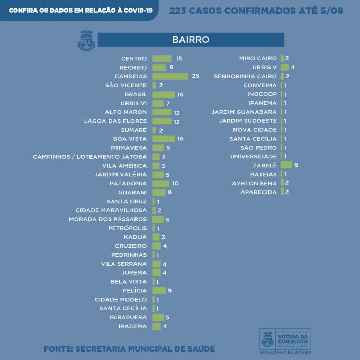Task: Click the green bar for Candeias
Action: point(170,76)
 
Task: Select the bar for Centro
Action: point(162,59)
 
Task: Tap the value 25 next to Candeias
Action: point(195,76)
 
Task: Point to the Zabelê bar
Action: point(286,165)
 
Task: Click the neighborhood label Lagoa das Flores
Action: point(115,121)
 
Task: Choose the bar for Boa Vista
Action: point(164,139)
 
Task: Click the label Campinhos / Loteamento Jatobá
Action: point(90,157)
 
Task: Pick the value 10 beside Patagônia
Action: point(175,183)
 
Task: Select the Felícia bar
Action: point(159,291)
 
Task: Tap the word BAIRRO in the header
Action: point(191,40)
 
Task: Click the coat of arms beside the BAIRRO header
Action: point(86,40)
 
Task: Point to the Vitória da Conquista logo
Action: point(285,339)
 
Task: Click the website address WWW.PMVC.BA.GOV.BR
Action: point(285,353)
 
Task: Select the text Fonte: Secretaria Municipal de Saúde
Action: point(130,349)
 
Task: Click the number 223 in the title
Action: point(177,11)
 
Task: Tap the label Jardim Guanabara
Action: point(244,112)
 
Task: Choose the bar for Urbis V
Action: point(284,67)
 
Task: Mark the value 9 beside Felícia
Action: point(169,291)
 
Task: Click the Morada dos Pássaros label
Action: point(107,219)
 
